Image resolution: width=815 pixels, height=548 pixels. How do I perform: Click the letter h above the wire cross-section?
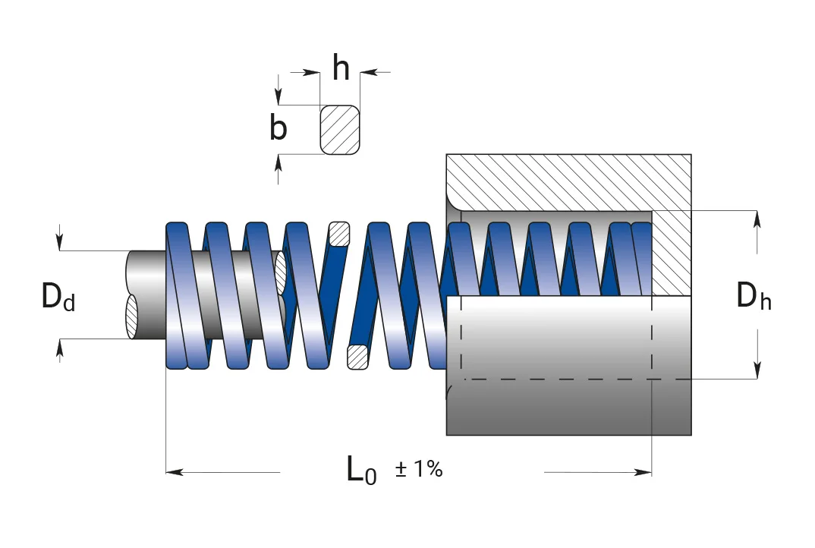click(341, 68)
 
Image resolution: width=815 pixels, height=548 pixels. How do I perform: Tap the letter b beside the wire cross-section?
click(278, 128)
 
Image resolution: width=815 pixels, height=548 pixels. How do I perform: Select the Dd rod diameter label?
click(58, 297)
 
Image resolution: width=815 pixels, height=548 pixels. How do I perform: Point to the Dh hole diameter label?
click(754, 296)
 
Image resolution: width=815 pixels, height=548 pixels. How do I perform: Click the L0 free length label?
click(361, 471)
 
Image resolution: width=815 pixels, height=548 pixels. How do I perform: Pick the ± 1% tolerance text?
click(419, 469)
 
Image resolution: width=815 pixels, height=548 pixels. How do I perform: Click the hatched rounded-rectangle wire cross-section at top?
click(340, 130)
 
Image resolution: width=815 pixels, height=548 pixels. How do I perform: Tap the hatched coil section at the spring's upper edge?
click(339, 234)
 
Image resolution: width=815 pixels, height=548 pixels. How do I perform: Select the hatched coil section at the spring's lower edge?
click(357, 357)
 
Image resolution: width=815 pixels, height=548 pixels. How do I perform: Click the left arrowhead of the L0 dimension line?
click(174, 472)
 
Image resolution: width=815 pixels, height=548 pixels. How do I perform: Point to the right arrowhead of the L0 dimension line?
click(643, 472)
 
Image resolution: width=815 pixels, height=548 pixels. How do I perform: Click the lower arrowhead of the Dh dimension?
click(757, 370)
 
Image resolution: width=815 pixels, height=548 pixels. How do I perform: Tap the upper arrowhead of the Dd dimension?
click(60, 242)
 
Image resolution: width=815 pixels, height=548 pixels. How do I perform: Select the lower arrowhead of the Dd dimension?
click(60, 348)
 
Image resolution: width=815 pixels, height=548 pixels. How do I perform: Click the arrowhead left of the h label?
click(311, 73)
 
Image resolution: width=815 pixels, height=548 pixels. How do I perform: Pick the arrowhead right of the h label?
click(368, 73)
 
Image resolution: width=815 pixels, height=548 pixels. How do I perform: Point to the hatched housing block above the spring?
click(568, 182)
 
